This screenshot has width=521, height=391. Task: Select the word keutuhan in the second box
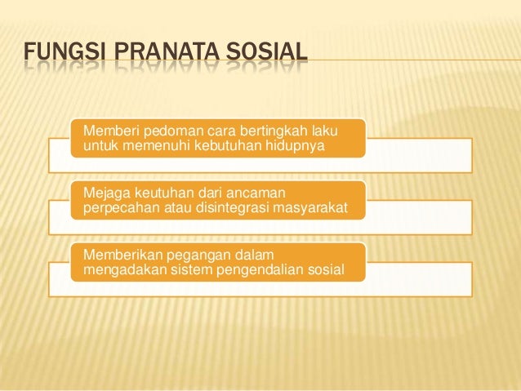[x=167, y=193]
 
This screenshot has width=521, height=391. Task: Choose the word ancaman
[x=259, y=193]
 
